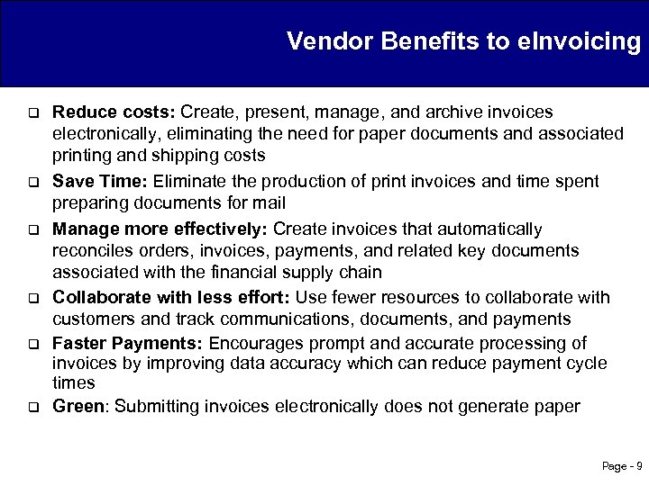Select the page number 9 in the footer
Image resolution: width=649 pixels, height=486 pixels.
(638, 466)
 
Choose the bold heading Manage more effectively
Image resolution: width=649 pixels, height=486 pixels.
(160, 229)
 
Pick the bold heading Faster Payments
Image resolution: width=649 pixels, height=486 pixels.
(128, 343)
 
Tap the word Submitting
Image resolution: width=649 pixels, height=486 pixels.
(159, 406)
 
